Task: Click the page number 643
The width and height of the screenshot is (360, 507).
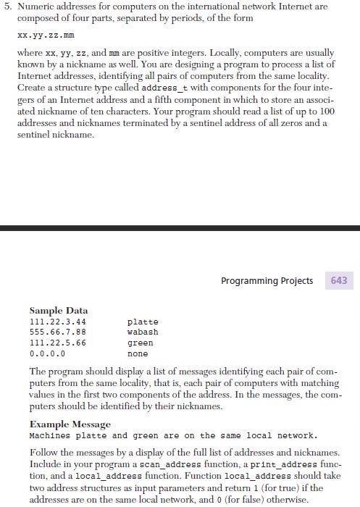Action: click(x=339, y=280)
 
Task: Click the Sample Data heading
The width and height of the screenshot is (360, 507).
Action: click(x=58, y=310)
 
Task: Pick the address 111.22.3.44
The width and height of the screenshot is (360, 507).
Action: click(x=57, y=322)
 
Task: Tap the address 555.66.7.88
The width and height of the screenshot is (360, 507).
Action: click(x=57, y=332)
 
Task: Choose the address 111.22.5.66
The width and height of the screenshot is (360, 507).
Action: click(x=57, y=343)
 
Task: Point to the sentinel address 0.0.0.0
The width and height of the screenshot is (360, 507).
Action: click(x=47, y=354)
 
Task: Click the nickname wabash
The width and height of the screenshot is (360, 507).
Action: click(x=143, y=332)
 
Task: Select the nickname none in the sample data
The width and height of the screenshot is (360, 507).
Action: click(x=138, y=354)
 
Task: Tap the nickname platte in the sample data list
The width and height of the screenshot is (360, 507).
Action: click(x=143, y=322)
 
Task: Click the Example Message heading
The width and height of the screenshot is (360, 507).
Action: click(x=70, y=424)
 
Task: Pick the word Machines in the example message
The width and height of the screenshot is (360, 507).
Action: click(x=50, y=436)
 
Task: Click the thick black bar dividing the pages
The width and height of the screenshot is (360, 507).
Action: click(x=180, y=229)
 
